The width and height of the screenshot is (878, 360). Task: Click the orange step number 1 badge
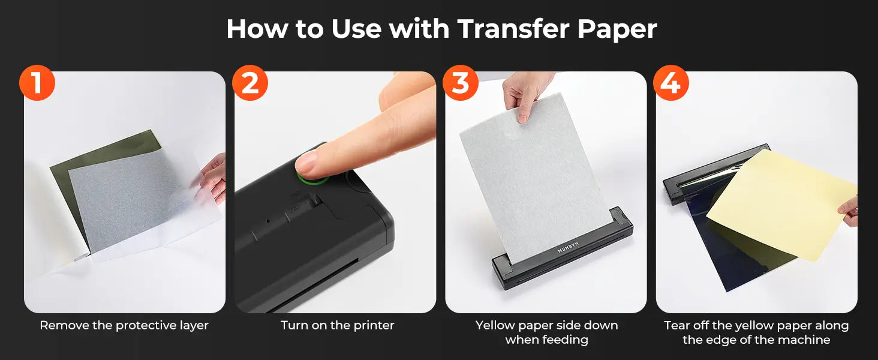[x=37, y=83]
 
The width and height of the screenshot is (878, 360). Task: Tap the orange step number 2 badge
[x=250, y=83]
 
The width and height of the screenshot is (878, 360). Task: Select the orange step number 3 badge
[x=461, y=83]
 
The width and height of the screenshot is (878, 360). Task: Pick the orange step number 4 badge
[x=671, y=83]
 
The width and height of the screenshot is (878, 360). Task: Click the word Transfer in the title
[x=513, y=29]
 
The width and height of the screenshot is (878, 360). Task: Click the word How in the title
[x=257, y=29]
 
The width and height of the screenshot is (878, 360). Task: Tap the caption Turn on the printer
[x=338, y=325]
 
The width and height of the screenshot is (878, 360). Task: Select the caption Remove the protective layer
[x=124, y=326]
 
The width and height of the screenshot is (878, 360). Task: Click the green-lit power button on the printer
[x=312, y=176]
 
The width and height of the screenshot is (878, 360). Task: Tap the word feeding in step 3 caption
[x=567, y=340]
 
